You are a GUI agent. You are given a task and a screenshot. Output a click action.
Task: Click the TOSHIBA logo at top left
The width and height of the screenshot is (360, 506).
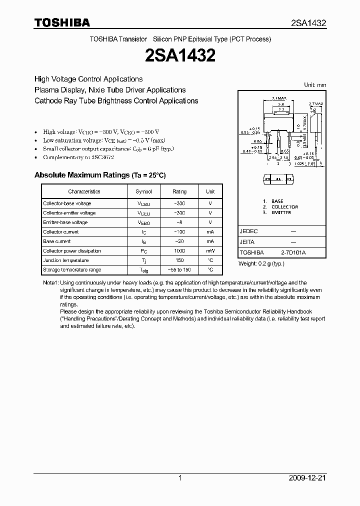(62, 22)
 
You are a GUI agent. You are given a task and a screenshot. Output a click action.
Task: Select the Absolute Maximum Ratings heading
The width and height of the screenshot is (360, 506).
(99, 175)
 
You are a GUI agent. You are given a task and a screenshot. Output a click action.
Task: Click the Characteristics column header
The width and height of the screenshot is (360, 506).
(84, 191)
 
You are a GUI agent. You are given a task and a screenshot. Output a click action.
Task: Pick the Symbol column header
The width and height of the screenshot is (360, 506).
(143, 191)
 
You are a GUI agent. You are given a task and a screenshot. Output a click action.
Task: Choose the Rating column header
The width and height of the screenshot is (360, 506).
(179, 191)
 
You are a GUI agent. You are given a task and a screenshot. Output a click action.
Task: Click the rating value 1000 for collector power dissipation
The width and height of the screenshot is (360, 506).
(179, 251)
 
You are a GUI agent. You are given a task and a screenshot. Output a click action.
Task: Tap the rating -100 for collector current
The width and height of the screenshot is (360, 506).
(179, 232)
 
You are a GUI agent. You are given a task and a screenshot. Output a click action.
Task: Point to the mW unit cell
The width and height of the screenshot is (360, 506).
(210, 251)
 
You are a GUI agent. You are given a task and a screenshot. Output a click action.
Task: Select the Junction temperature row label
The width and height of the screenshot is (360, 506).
(66, 260)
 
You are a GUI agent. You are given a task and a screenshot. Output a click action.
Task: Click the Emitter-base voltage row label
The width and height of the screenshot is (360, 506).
(65, 222)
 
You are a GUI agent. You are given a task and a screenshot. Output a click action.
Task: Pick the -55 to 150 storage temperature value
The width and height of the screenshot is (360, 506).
(179, 270)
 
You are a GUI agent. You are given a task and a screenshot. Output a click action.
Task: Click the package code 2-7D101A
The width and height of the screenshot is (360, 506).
(293, 253)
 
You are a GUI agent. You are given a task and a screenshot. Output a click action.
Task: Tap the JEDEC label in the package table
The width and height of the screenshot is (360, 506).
(248, 232)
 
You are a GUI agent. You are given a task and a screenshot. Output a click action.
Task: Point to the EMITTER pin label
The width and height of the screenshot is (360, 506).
(281, 212)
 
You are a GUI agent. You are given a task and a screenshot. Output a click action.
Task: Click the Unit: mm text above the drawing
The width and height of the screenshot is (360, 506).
(315, 85)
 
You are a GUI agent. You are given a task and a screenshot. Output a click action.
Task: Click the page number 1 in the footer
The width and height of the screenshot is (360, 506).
(180, 478)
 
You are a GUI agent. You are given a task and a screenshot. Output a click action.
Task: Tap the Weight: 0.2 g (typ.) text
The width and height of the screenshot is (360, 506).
(261, 263)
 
